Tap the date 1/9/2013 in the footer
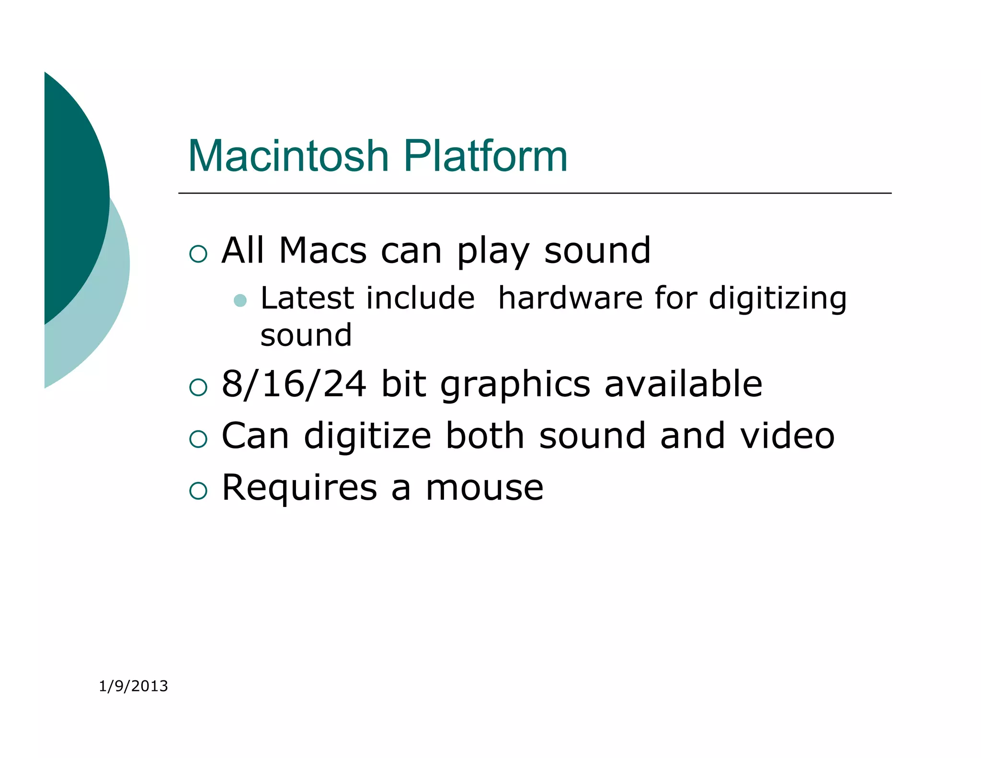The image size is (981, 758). (x=133, y=686)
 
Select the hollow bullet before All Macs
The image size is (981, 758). (x=198, y=253)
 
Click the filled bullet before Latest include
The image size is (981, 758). (x=240, y=300)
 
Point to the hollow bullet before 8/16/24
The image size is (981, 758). (x=198, y=387)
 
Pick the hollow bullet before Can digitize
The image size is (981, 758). (x=198, y=439)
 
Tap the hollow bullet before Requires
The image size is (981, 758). (x=198, y=491)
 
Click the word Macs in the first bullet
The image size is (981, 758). (x=322, y=251)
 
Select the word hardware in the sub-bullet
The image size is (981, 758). (x=570, y=298)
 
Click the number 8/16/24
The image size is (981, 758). (x=294, y=384)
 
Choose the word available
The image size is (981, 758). (x=683, y=384)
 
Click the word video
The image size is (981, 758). (x=787, y=436)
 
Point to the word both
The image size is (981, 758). (x=485, y=436)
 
